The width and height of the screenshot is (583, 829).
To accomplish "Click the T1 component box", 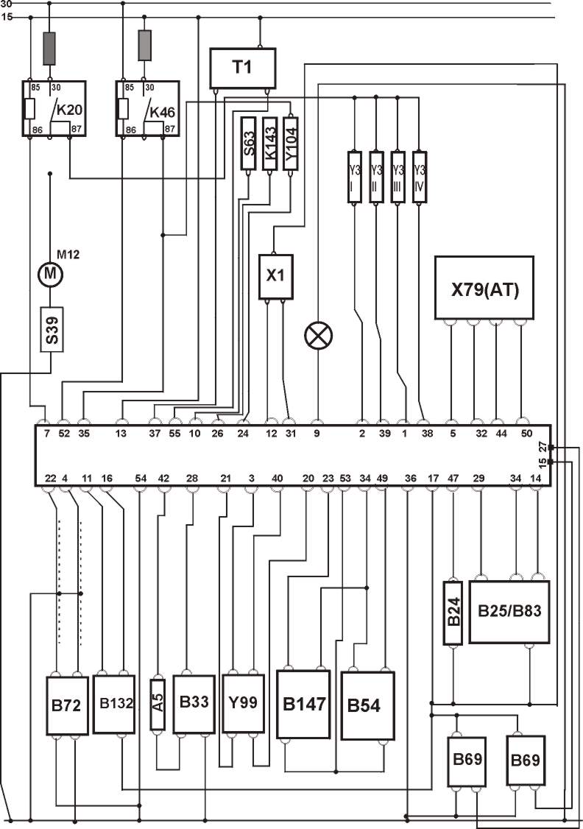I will (x=242, y=68).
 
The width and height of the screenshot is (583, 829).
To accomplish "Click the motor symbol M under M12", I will (x=50, y=274).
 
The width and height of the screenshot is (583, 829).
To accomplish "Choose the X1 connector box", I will (x=275, y=276).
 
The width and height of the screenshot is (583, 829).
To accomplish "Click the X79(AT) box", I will (x=484, y=288).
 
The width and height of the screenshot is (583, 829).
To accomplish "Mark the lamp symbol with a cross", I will (x=318, y=336).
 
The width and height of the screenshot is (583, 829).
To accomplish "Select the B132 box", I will (x=114, y=703).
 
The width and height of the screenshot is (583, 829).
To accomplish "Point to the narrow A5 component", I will (x=158, y=703).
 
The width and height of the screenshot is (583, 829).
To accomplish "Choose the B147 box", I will (x=303, y=704).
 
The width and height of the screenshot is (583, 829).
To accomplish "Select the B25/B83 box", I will (x=509, y=612).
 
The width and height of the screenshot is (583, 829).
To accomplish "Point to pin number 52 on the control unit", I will (x=64, y=434).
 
